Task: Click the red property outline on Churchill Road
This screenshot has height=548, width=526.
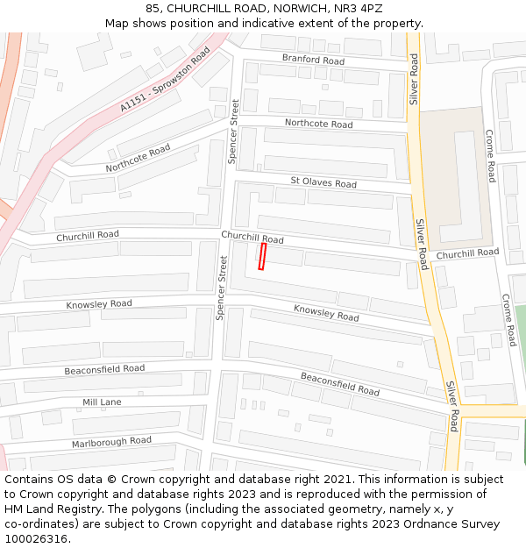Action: click(261, 256)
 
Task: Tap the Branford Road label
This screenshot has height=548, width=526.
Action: click(313, 60)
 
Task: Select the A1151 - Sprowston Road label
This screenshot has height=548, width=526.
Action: click(167, 83)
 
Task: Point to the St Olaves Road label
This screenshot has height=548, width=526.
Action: click(323, 183)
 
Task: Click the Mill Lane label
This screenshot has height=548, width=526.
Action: click(102, 402)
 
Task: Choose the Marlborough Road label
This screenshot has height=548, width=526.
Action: click(111, 441)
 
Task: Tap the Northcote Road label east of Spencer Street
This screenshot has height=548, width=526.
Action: click(318, 124)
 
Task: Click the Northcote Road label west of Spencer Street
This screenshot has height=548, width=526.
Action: click(138, 158)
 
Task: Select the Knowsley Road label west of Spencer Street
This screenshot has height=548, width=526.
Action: click(99, 304)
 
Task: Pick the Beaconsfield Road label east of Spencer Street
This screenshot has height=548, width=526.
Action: click(340, 383)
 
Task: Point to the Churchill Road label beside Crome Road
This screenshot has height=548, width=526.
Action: click(467, 253)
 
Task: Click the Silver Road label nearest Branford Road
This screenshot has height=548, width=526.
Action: click(414, 79)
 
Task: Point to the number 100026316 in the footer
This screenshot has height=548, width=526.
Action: click(35, 538)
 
